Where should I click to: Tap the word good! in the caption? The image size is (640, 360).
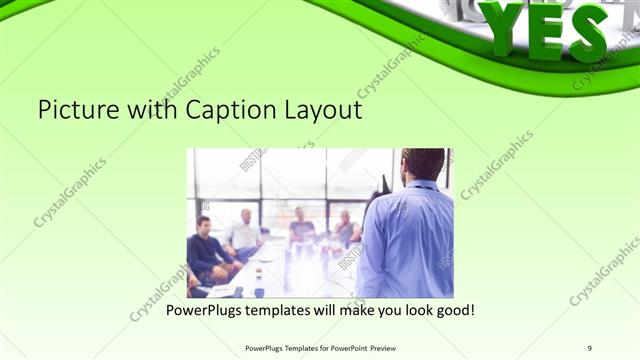(453, 310)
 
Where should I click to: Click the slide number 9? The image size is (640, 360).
(589, 348)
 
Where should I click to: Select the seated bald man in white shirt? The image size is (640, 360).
(243, 234)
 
